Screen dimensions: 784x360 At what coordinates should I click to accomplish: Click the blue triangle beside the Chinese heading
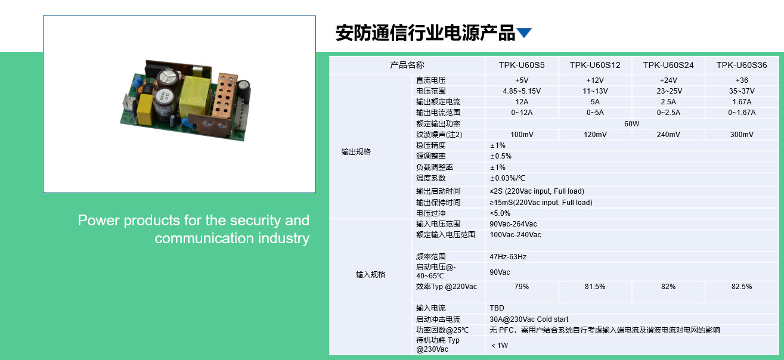coord(524,33)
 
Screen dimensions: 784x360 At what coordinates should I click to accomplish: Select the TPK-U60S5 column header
coord(522,65)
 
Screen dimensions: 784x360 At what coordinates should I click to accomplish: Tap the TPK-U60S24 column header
coord(668,65)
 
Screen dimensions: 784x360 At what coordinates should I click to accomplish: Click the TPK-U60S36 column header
coord(742,65)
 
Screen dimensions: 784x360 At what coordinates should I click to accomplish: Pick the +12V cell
coord(595,80)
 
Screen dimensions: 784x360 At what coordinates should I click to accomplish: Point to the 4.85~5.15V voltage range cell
coord(522,91)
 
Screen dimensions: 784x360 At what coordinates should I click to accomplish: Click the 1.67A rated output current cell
coord(742,102)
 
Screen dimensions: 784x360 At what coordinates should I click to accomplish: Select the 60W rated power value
coord(632,123)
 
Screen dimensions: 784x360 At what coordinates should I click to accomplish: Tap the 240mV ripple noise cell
coord(668,134)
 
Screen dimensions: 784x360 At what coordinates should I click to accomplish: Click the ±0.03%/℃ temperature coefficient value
coord(507,178)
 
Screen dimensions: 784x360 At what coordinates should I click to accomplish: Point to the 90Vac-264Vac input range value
coord(513,224)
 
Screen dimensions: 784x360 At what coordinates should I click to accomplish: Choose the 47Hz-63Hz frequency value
coord(508,256)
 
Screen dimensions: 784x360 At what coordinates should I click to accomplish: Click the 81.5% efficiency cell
coord(595,287)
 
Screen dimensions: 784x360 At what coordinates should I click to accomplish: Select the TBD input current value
coord(497,308)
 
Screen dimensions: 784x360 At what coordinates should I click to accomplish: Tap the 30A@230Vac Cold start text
coord(529,319)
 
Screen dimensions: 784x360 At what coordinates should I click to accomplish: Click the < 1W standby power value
coord(500,345)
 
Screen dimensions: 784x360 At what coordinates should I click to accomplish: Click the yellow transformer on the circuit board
coord(194,95)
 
